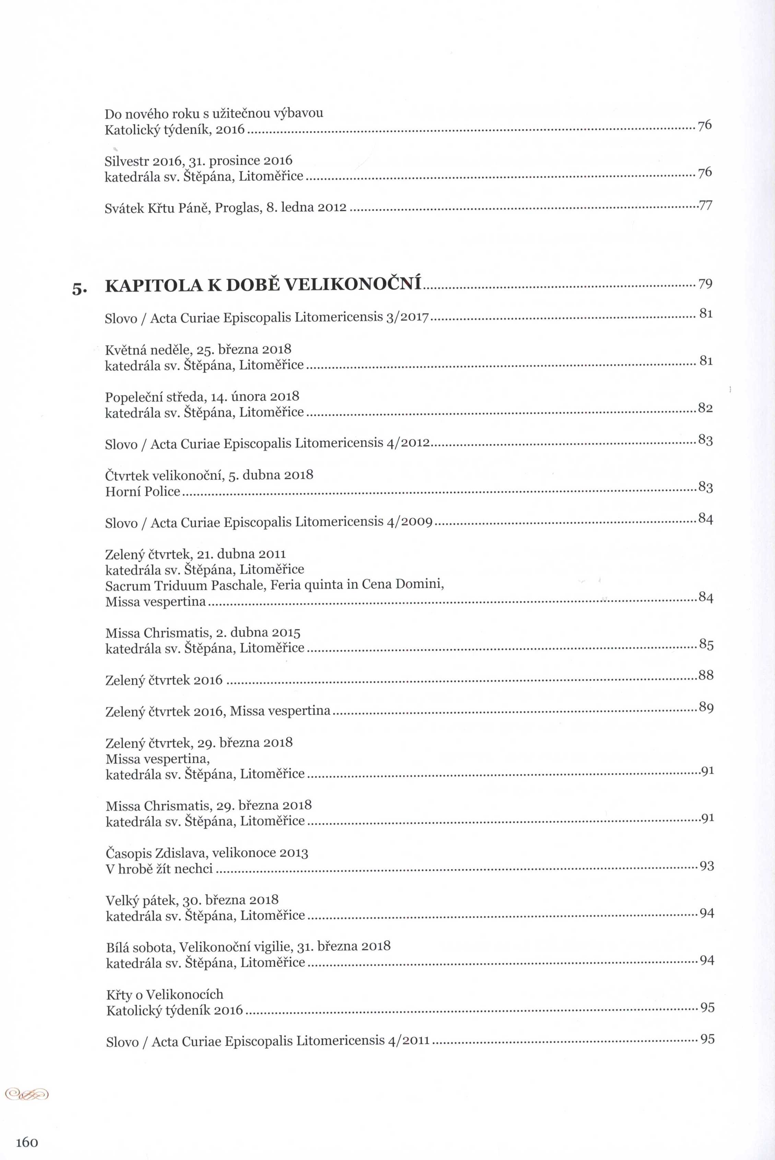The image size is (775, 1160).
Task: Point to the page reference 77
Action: click(x=705, y=205)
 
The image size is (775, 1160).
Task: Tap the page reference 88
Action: click(x=706, y=675)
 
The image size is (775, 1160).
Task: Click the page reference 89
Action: click(x=706, y=708)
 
